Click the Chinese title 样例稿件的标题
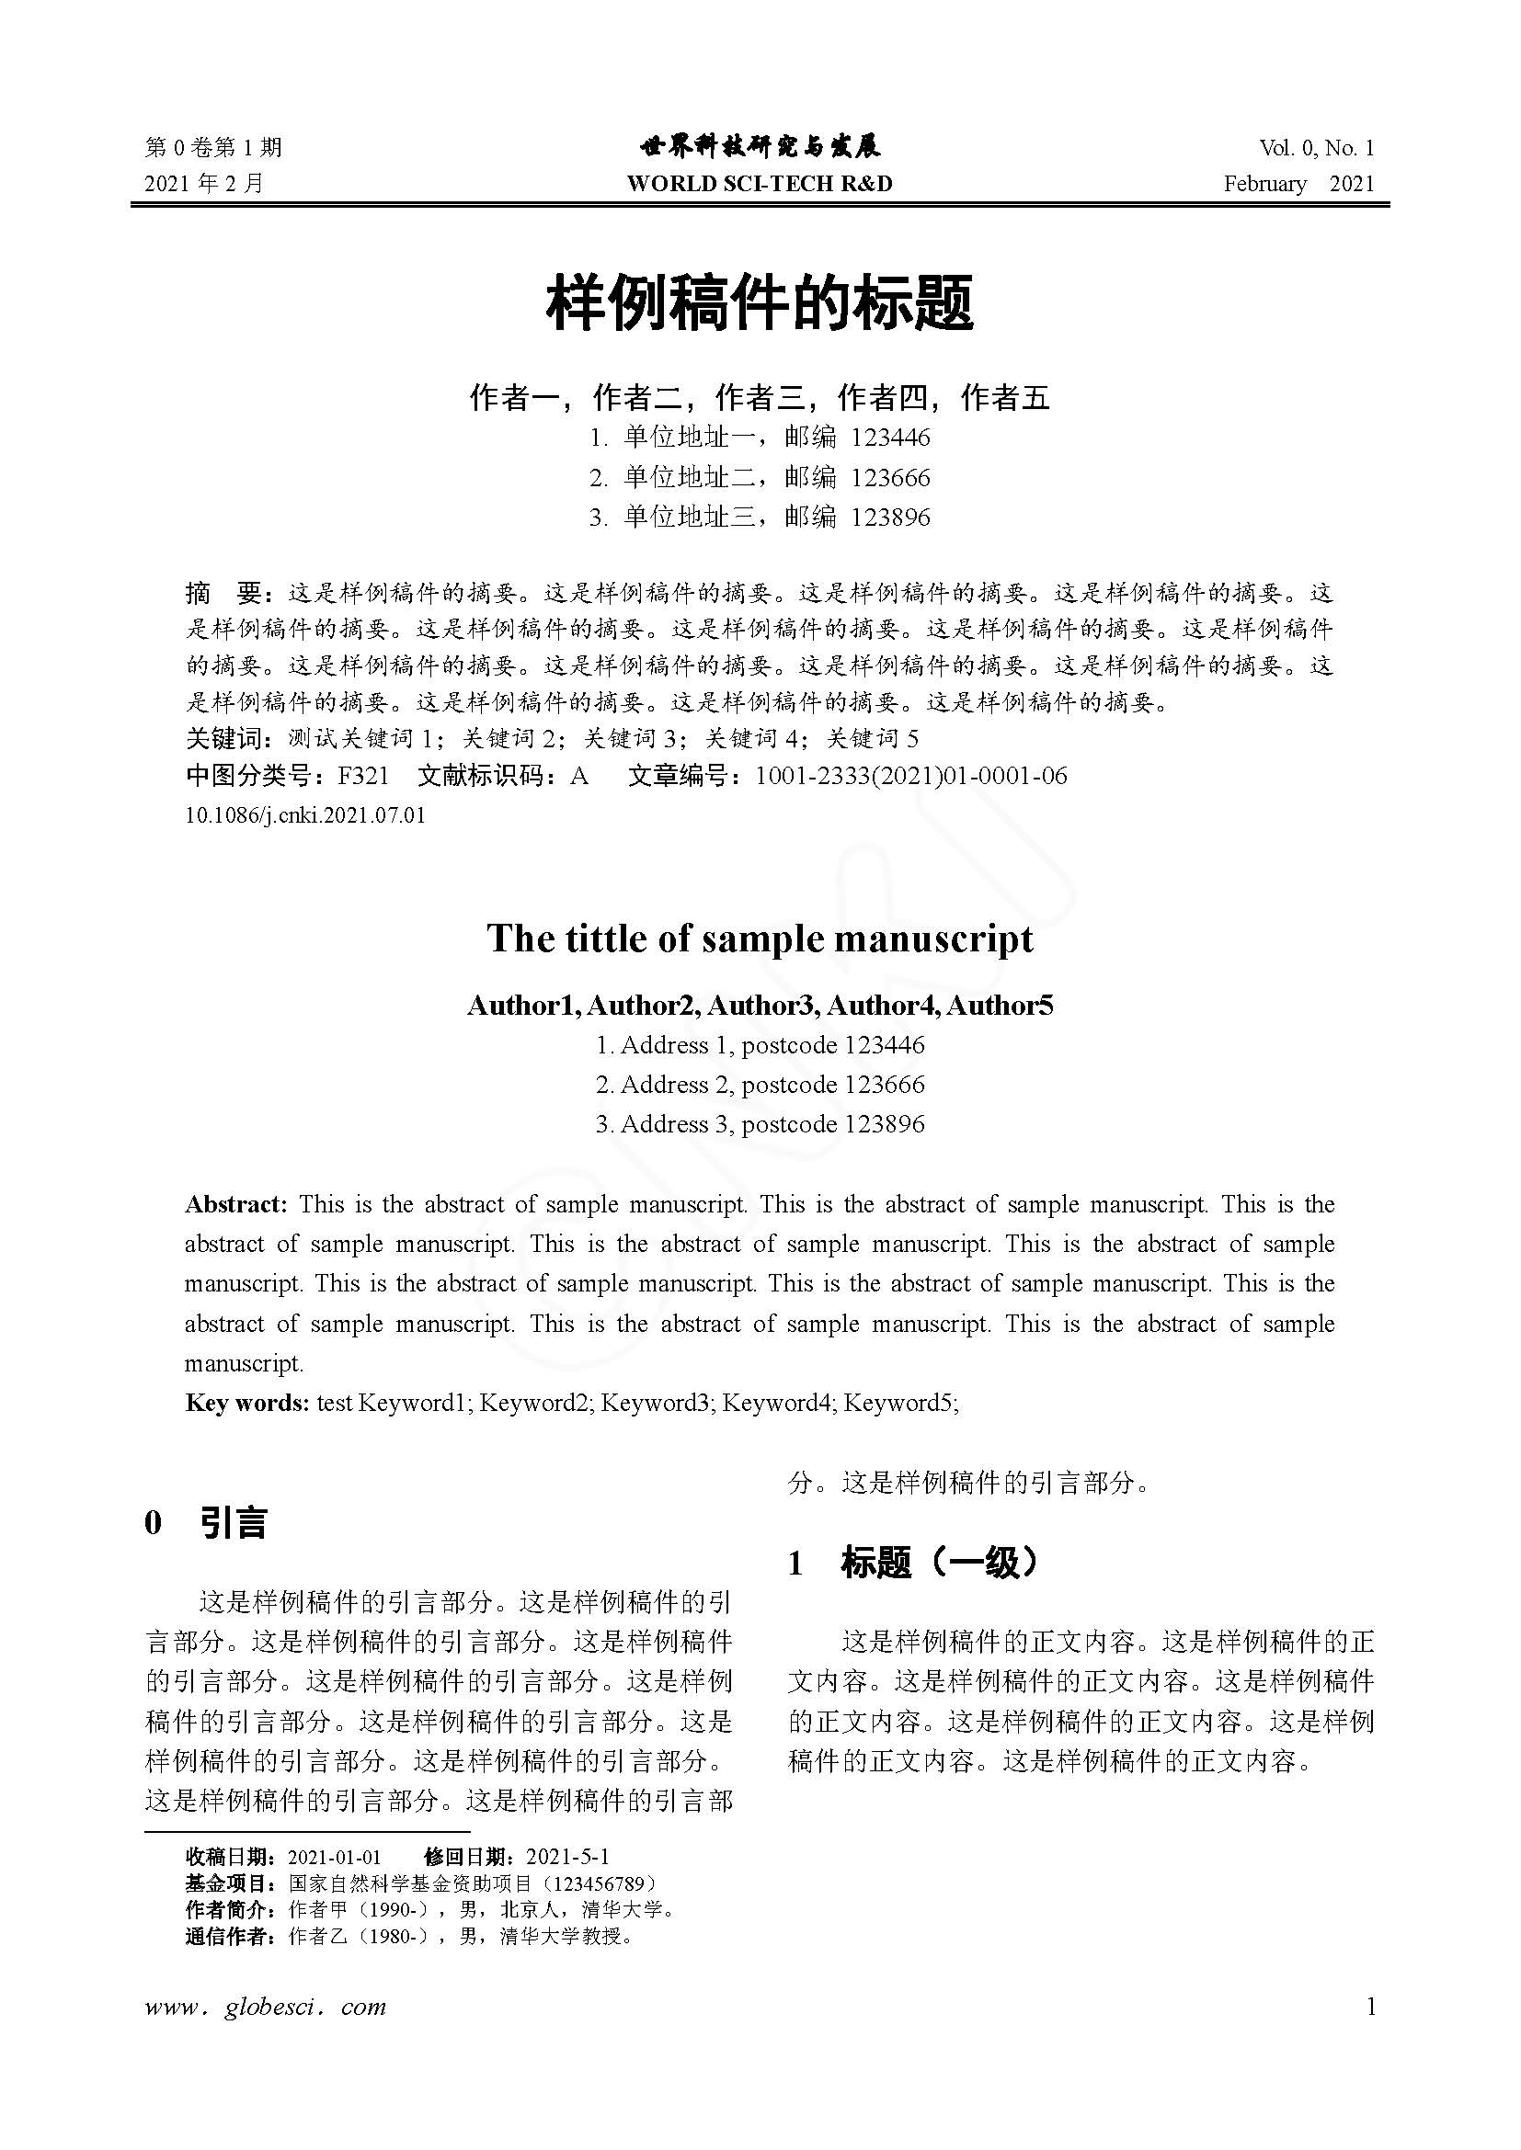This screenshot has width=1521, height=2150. [x=760, y=302]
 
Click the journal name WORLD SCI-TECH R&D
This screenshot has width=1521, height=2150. [x=760, y=184]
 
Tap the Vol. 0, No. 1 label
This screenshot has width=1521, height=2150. [x=1317, y=148]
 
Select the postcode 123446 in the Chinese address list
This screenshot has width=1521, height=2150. [x=890, y=438]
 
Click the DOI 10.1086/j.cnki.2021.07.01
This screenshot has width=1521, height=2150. [x=305, y=814]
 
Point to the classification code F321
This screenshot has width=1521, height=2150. [x=362, y=776]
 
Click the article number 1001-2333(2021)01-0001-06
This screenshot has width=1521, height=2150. [x=910, y=776]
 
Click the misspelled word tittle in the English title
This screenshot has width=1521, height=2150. [x=607, y=938]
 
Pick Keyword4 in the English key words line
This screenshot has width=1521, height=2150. [x=777, y=1402]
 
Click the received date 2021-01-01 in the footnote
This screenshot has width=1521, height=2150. [x=335, y=1857]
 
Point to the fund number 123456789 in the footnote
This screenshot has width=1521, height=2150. [x=598, y=1883]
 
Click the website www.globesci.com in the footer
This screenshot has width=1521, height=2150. [x=266, y=2007]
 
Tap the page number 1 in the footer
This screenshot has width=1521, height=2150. [x=1371, y=2006]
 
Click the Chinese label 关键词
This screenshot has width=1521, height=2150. [x=227, y=739]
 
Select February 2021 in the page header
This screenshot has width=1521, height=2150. [x=1299, y=184]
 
